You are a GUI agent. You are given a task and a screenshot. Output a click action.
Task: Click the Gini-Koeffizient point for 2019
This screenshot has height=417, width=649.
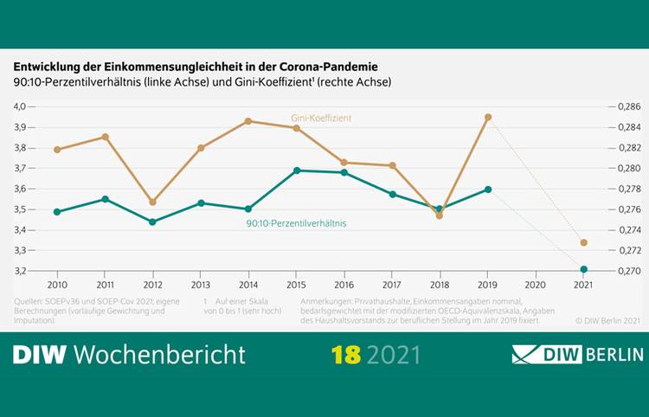pos(488,117)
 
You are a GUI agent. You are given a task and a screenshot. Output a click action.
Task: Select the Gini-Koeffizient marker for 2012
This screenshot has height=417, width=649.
pos(152,202)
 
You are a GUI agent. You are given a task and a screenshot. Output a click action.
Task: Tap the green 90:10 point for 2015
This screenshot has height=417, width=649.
pos(297,170)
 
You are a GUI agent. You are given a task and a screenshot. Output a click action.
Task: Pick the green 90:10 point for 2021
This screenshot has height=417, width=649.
pos(584,269)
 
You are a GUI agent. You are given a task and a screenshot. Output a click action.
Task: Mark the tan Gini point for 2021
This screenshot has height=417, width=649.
pos(584,242)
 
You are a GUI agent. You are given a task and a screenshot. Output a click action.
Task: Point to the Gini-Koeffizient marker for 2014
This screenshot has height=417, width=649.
pos(248,121)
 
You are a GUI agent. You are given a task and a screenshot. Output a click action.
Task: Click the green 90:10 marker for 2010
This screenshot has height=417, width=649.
pos(57,212)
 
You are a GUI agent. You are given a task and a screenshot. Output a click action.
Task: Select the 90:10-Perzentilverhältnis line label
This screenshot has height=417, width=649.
pos(296,224)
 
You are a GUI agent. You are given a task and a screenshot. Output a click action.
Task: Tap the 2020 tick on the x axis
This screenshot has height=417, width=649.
pos(536,284)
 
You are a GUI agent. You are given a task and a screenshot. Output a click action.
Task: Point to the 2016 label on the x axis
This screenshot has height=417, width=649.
pos(344,284)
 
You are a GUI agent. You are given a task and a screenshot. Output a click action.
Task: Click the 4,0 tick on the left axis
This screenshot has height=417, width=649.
pos(20,106)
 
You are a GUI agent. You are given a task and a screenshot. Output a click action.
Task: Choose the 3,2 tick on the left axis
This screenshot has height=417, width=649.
pos(20,271)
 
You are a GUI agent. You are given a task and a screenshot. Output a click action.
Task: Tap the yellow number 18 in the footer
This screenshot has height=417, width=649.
pos(346,355)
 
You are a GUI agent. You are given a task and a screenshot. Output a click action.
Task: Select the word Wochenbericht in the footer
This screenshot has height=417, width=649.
pos(159,355)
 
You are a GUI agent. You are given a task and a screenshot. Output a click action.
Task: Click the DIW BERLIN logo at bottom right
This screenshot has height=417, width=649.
pos(577,355)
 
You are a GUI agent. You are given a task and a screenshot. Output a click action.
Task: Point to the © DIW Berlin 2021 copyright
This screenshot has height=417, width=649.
pos(607,320)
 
